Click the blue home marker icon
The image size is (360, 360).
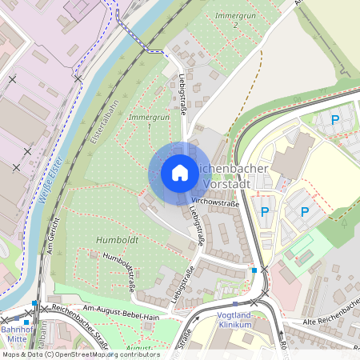180,173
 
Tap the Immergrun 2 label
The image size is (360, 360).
226,20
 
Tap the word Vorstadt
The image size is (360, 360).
227,183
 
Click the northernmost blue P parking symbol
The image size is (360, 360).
335,119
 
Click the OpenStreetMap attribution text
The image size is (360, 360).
80,354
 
